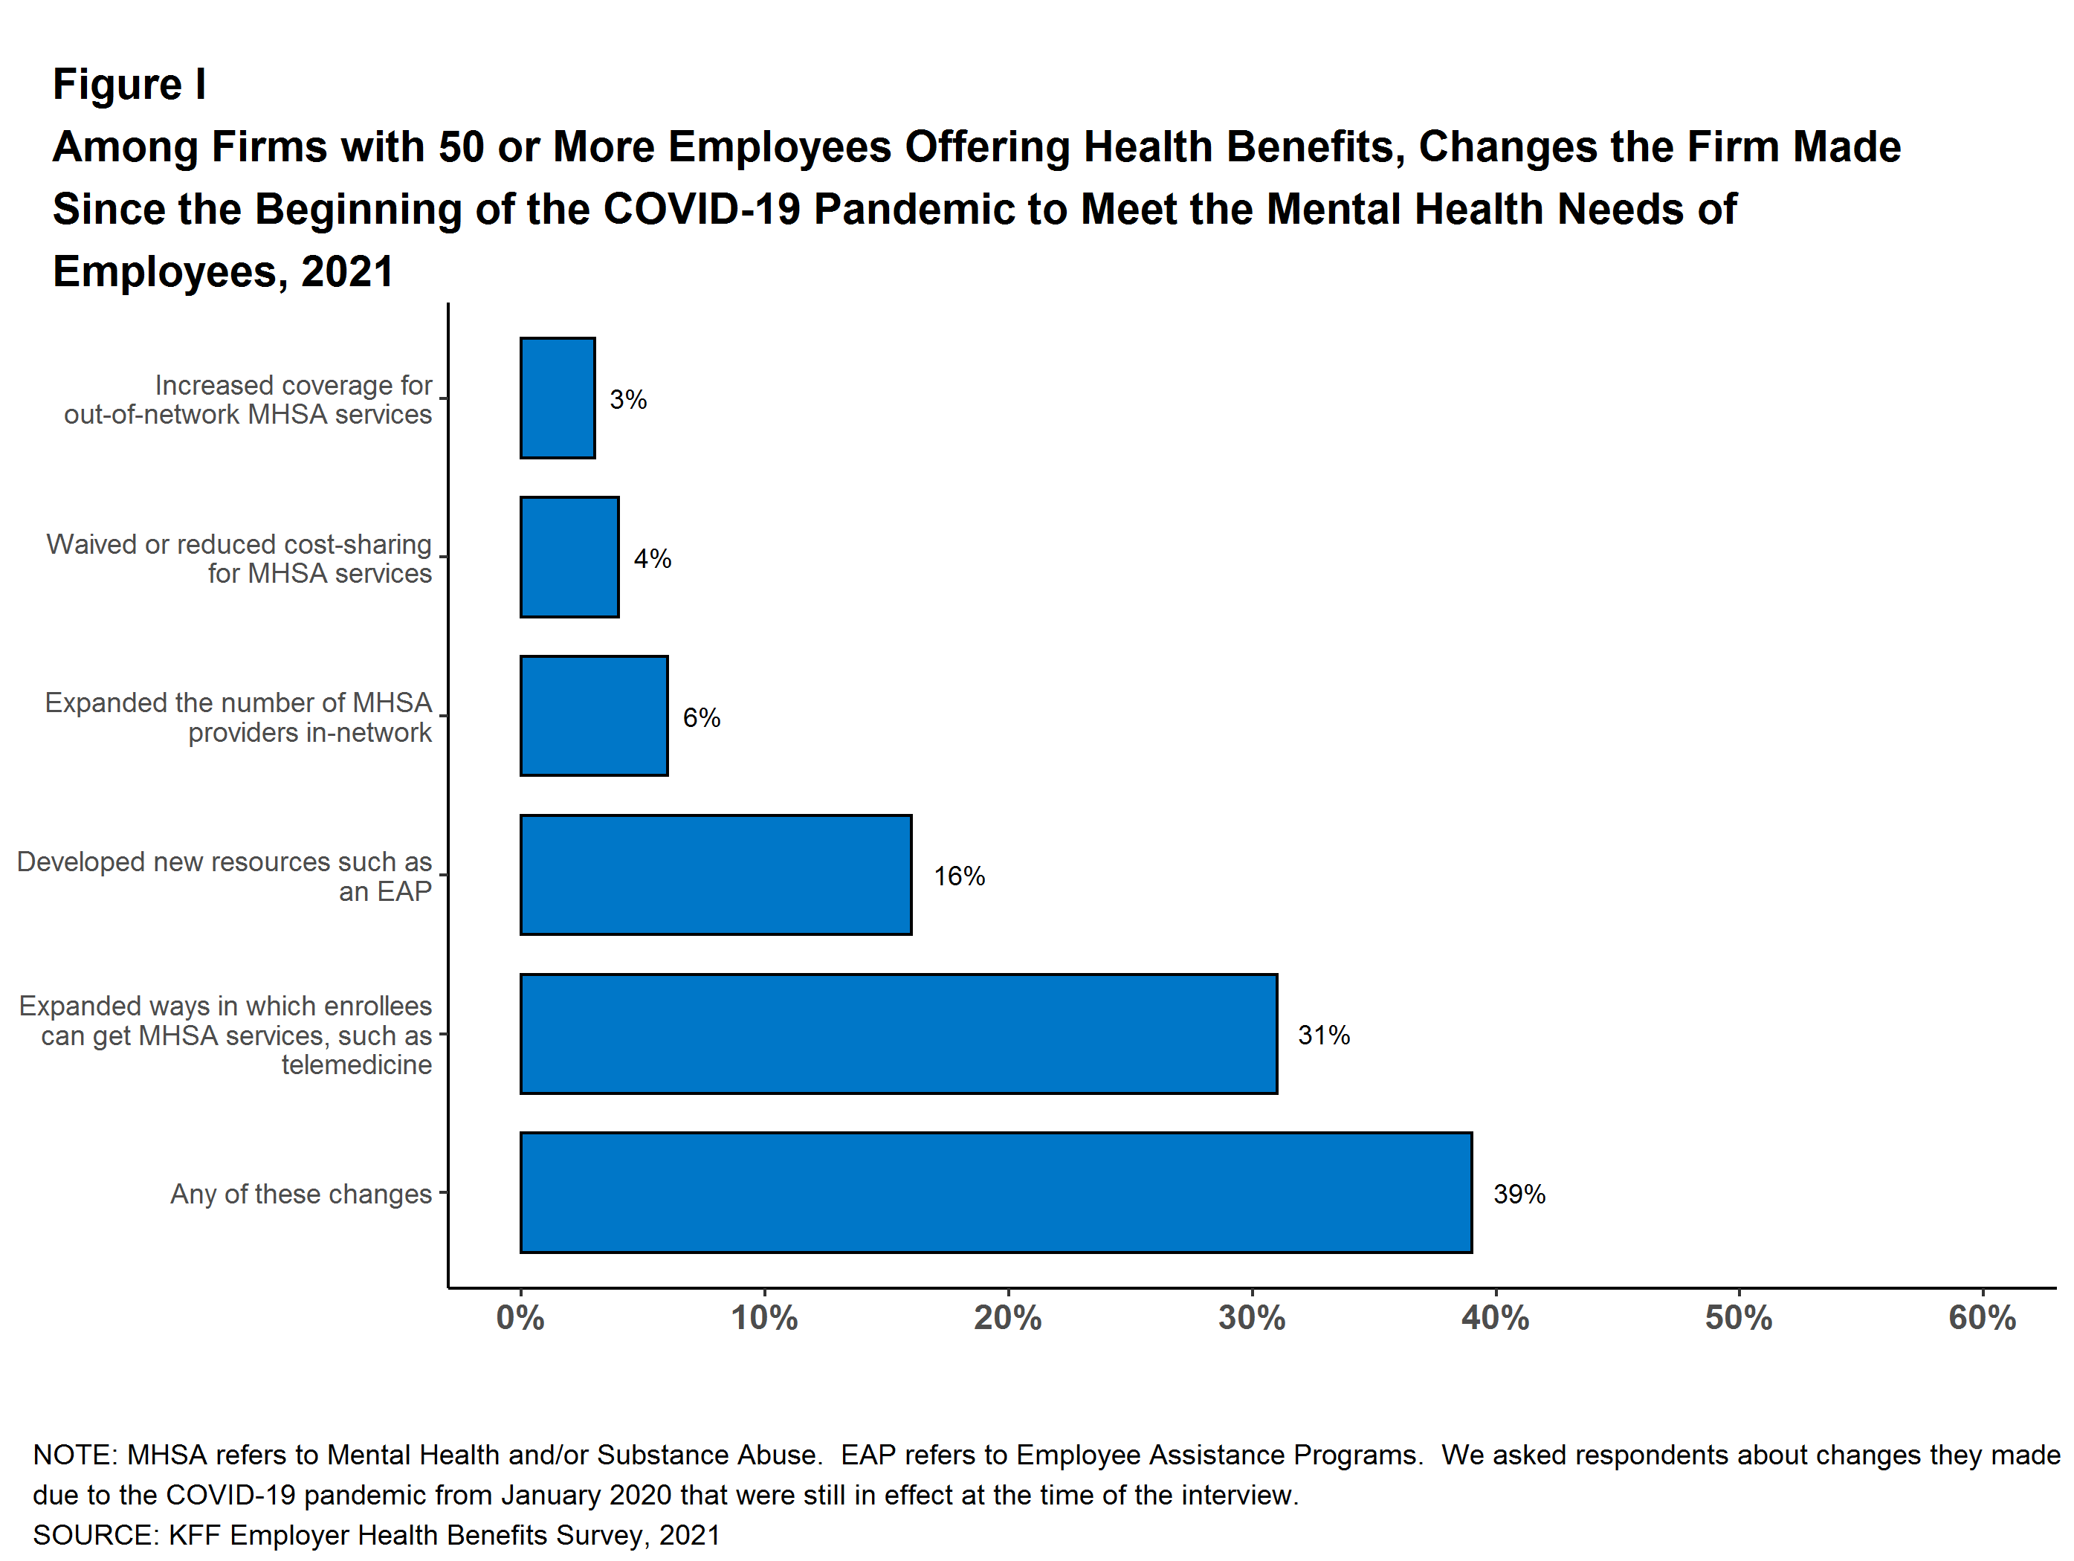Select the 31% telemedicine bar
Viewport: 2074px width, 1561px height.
(898, 1034)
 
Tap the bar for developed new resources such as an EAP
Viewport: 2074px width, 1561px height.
(715, 875)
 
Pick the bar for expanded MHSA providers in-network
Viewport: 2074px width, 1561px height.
(593, 717)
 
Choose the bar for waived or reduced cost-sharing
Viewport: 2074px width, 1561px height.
(569, 557)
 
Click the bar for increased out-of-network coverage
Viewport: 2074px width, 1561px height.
(557, 398)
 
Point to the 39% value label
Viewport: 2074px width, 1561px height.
(1519, 1195)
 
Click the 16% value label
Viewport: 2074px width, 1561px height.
(958, 876)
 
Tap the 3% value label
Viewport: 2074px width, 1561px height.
(627, 401)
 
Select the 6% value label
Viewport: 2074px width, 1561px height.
(700, 718)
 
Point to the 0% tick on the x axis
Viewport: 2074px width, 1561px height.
(520, 1318)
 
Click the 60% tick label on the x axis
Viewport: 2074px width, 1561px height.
(1981, 1318)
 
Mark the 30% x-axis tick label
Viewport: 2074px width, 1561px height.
(1251, 1318)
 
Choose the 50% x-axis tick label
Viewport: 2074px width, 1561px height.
(1737, 1318)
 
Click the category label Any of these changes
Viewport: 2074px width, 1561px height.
(300, 1195)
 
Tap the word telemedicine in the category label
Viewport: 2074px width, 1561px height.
(356, 1065)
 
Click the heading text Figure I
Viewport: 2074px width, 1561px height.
(129, 85)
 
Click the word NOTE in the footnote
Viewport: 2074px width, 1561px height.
(71, 1455)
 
